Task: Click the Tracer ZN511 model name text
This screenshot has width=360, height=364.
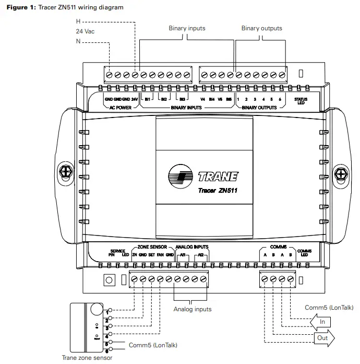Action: click(218, 192)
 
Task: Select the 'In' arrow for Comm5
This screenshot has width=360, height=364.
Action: click(322, 322)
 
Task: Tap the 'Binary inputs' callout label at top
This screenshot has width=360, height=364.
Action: click(187, 28)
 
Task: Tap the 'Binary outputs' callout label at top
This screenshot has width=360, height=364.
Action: click(261, 28)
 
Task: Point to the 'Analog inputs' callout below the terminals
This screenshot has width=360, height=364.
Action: click(193, 309)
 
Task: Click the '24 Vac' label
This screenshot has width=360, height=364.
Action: click(86, 31)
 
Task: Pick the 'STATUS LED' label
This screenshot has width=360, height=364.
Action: click(301, 101)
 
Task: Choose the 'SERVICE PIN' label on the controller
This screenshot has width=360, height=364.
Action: click(111, 252)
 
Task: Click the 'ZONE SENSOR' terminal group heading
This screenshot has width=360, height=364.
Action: click(153, 246)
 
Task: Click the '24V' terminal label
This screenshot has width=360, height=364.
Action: click(135, 99)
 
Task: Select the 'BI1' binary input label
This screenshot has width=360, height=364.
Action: click(148, 99)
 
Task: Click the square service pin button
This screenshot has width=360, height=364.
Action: click(109, 280)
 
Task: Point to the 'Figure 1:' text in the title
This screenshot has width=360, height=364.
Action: click(21, 7)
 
